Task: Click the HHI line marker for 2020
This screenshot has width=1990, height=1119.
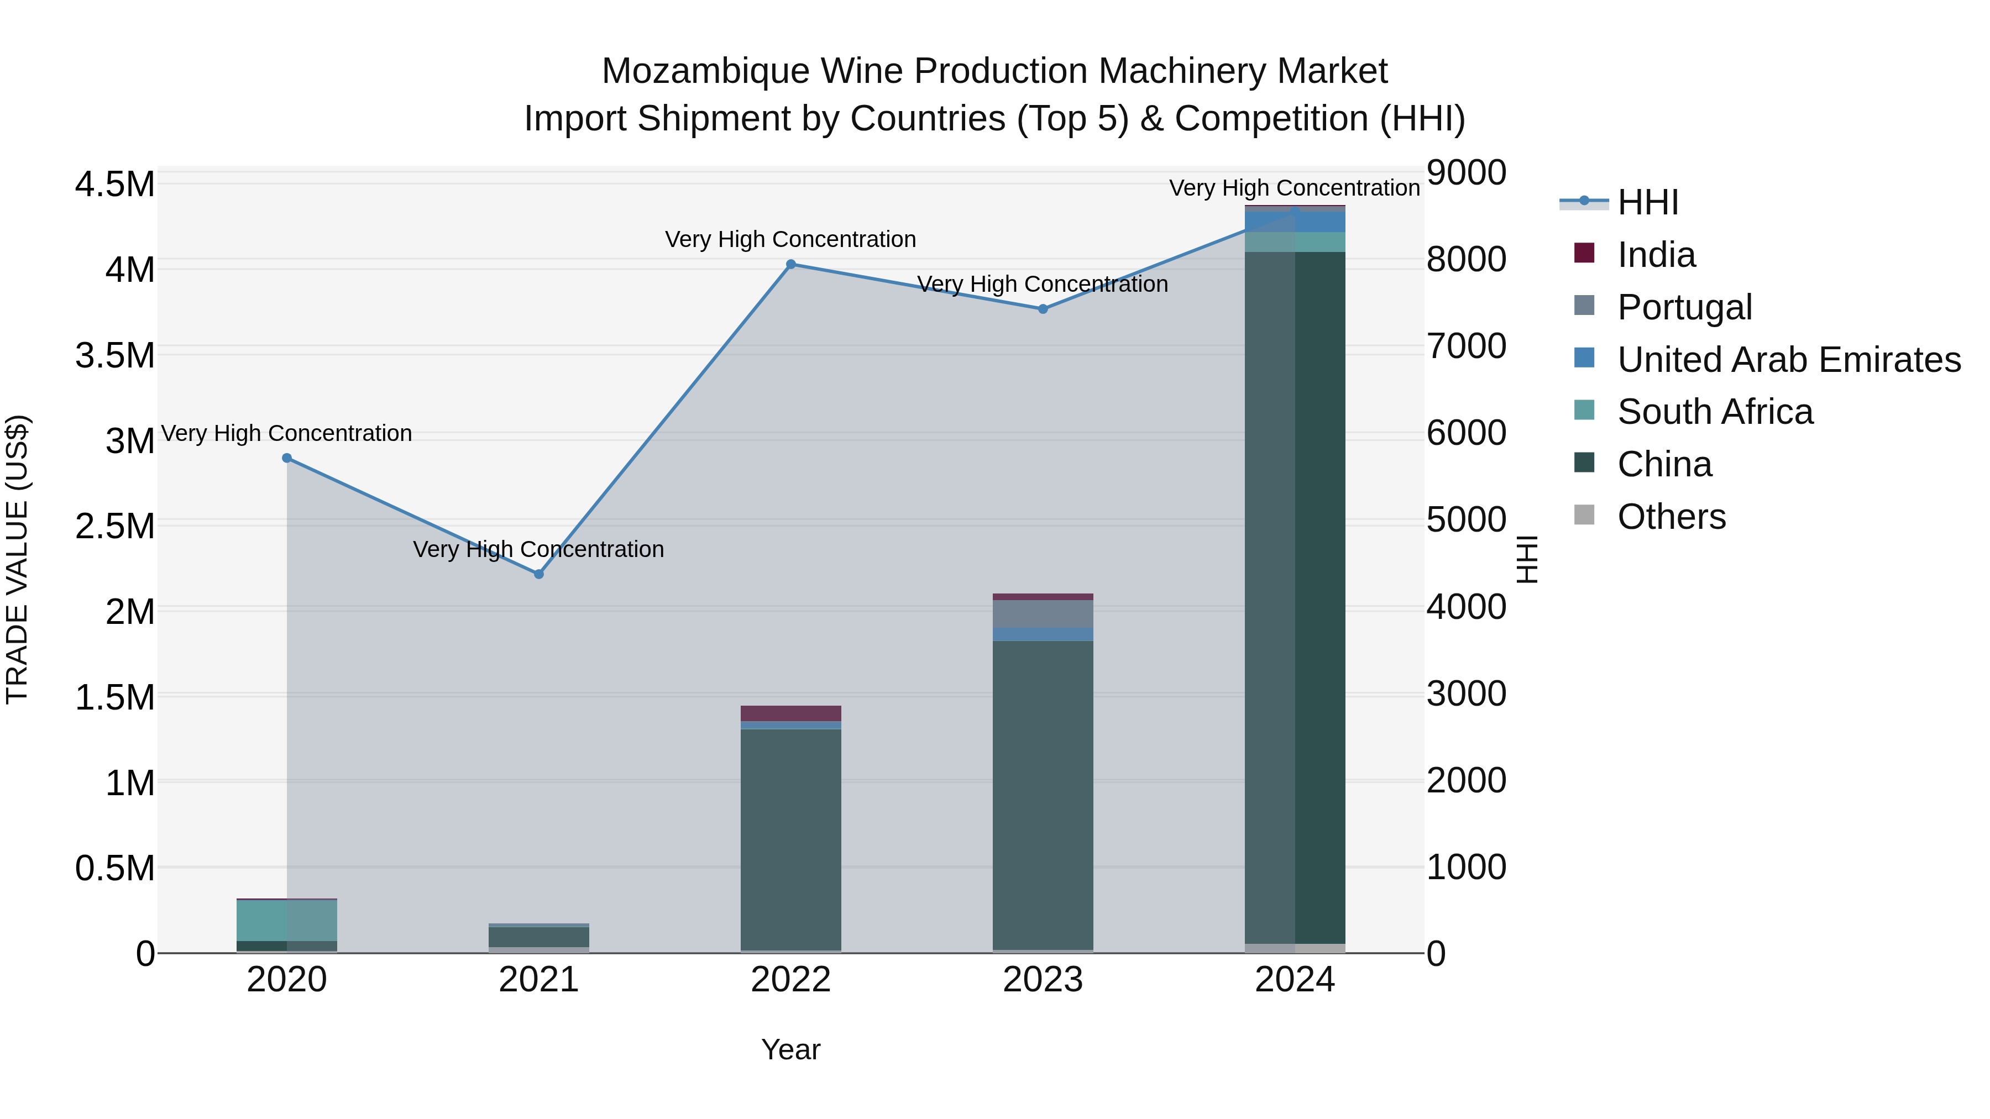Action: pos(286,458)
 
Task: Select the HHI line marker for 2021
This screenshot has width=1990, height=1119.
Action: pos(539,574)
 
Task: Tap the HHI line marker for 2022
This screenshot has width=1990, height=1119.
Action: pos(791,264)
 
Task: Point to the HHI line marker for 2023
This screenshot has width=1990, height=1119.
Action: pos(1043,309)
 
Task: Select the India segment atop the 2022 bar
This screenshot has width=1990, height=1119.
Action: pos(791,713)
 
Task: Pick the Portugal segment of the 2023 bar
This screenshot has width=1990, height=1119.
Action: pos(1043,614)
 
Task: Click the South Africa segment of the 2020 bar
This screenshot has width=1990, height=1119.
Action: pos(286,920)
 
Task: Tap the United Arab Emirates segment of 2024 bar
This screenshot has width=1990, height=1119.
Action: pos(1295,222)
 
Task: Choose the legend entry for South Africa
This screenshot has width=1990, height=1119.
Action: pos(1714,412)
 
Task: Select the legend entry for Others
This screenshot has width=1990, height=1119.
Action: pos(1671,517)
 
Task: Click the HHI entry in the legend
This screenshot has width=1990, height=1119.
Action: pos(1647,202)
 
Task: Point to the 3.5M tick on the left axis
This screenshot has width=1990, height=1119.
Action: pos(114,356)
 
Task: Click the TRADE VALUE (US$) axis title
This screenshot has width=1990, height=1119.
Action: pos(17,559)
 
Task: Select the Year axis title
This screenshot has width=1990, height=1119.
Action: pos(791,1049)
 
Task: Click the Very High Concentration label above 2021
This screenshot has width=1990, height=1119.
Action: pos(538,549)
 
